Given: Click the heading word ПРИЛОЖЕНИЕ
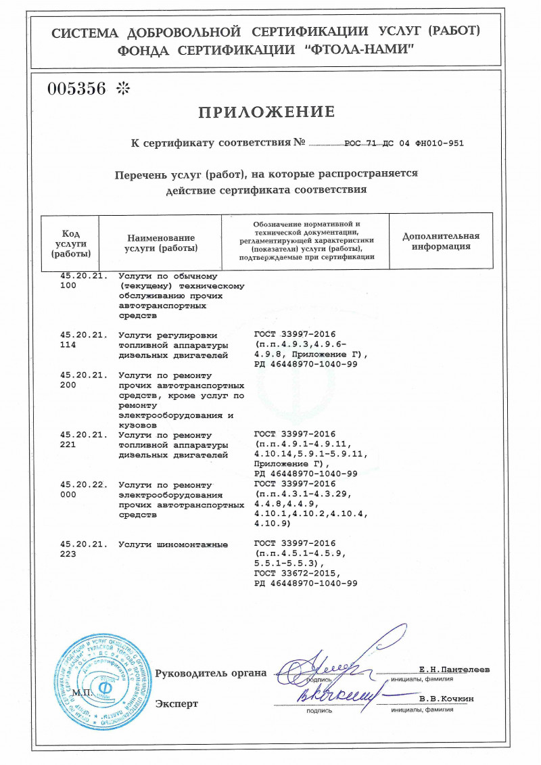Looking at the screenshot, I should point(266,112).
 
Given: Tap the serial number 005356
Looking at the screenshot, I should point(76,89).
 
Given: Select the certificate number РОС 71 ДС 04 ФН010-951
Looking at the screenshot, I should point(404,143).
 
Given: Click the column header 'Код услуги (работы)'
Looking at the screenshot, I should point(70,243).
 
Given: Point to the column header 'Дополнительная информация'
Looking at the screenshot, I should point(441,241).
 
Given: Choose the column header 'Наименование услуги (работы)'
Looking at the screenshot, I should point(161,243).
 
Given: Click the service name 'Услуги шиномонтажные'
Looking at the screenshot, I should point(173,544).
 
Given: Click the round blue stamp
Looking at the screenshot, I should point(102,677).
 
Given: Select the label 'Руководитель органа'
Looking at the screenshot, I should point(211,673).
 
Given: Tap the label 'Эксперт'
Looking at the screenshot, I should point(177,703).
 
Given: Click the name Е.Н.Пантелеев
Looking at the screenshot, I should point(454,669).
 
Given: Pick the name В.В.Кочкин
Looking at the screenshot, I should point(447,698).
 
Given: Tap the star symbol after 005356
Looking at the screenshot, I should point(122,89).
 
